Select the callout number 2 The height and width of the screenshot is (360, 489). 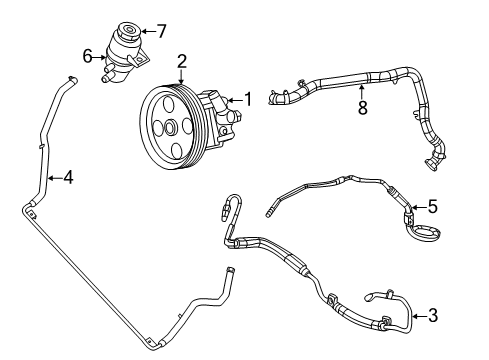click(182, 62)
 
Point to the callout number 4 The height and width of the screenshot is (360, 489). click(67, 179)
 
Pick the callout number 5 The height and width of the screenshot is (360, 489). click(432, 208)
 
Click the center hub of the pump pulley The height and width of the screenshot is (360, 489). click(171, 127)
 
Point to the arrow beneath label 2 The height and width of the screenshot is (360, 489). click(182, 77)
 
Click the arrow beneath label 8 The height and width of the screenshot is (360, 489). click(363, 87)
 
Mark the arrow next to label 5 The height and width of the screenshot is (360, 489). click(419, 208)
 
